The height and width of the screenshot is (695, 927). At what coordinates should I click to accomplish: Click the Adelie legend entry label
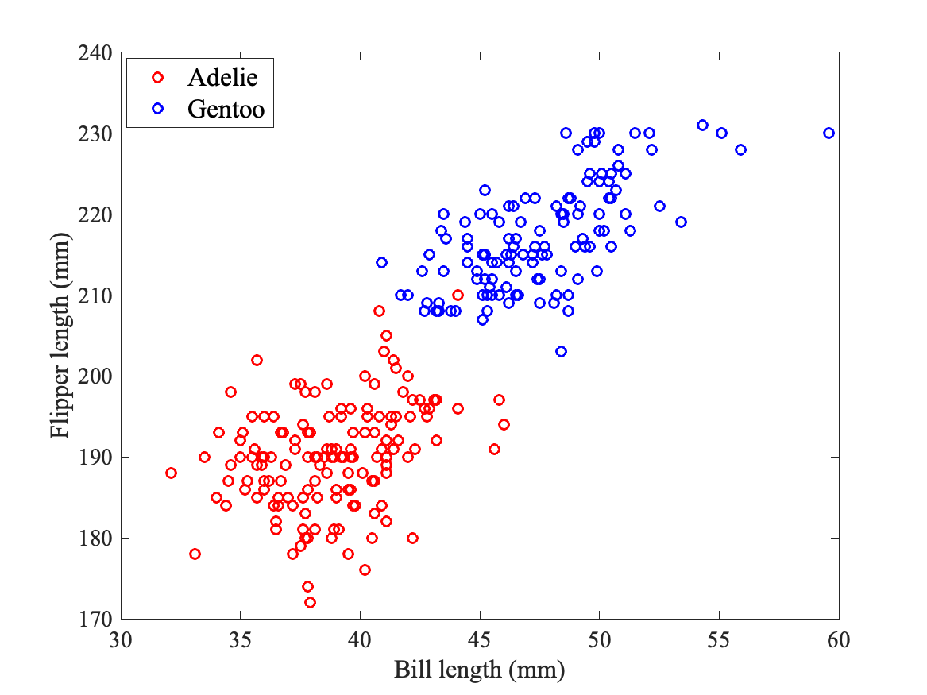pyautogui.click(x=222, y=77)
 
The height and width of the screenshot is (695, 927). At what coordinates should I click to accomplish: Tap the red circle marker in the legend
pyautogui.click(x=157, y=77)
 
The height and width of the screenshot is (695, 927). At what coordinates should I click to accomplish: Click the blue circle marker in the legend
pyautogui.click(x=157, y=110)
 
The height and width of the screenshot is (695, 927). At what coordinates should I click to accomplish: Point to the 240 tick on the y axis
pyautogui.click(x=97, y=52)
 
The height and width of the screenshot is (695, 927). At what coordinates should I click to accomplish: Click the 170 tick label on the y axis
pyautogui.click(x=97, y=619)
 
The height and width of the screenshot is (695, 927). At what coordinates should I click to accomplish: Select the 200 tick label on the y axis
pyautogui.click(x=97, y=376)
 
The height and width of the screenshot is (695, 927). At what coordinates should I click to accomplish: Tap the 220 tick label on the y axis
pyautogui.click(x=97, y=214)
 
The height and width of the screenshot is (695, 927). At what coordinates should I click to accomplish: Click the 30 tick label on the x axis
pyautogui.click(x=121, y=639)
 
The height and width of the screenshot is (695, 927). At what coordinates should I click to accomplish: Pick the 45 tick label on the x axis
pyautogui.click(x=480, y=639)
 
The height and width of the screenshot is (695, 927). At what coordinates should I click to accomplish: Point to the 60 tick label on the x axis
pyautogui.click(x=839, y=639)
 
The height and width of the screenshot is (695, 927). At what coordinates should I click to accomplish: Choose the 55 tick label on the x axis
pyautogui.click(x=719, y=639)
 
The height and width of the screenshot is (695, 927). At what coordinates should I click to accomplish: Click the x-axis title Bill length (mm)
pyautogui.click(x=479, y=670)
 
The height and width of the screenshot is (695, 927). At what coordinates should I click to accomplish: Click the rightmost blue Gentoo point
pyautogui.click(x=829, y=133)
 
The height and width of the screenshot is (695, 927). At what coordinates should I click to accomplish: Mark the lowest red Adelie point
pyautogui.click(x=310, y=602)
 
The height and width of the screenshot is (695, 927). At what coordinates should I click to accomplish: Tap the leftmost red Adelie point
pyautogui.click(x=171, y=473)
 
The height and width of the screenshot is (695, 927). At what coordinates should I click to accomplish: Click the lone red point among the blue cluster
pyautogui.click(x=458, y=295)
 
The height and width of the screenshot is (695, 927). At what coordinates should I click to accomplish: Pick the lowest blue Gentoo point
pyautogui.click(x=561, y=351)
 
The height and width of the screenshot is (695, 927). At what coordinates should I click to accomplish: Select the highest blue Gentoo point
pyautogui.click(x=702, y=125)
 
